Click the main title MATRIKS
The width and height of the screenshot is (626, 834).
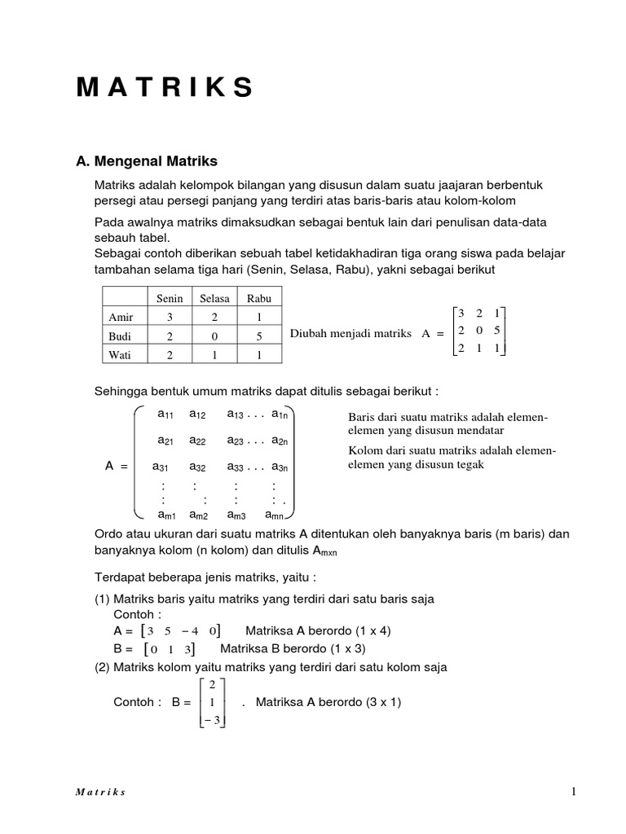point(165,88)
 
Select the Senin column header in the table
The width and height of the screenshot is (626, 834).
point(170,298)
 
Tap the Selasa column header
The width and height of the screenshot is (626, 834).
point(214,298)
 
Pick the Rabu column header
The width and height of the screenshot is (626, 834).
point(258,298)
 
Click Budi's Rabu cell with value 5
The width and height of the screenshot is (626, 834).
point(258,336)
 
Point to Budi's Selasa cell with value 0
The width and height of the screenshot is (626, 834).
point(214,336)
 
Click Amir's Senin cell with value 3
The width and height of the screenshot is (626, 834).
point(170,317)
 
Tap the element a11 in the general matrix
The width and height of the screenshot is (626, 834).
point(166,415)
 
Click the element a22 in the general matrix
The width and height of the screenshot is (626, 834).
point(198,441)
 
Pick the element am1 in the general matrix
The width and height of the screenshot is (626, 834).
point(166,515)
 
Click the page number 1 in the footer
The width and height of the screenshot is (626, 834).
point(574,791)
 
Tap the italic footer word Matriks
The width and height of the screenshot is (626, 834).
point(102,792)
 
